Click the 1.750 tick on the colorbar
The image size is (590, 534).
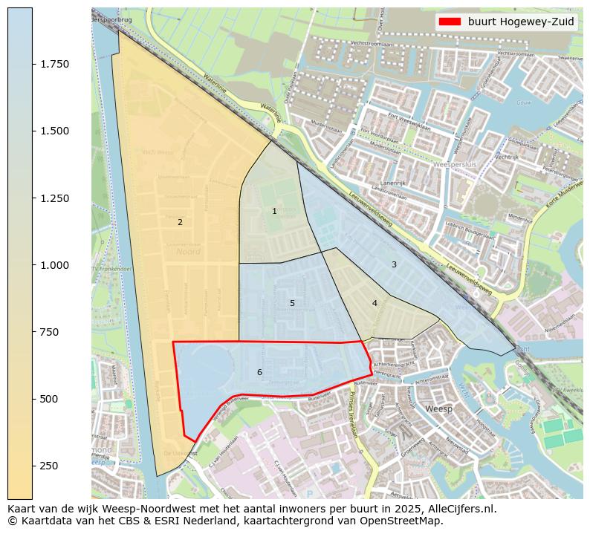click(54, 64)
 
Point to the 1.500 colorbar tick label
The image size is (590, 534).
click(54, 131)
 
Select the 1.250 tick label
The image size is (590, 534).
click(54, 198)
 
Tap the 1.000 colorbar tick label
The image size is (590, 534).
click(54, 265)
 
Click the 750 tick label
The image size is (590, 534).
click(49, 332)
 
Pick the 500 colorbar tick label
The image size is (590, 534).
click(49, 399)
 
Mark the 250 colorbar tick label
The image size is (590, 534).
click(49, 466)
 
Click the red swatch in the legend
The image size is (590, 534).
click(450, 22)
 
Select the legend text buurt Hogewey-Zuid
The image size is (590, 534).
click(521, 22)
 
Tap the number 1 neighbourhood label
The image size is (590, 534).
click(274, 211)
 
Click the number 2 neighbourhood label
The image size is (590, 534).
click(180, 222)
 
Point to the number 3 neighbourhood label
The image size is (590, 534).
click(394, 264)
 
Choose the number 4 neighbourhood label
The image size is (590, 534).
click(375, 303)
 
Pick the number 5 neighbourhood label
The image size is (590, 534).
click(292, 303)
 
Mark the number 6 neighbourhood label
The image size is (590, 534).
click(259, 372)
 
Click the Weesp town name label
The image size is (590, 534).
click(438, 408)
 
